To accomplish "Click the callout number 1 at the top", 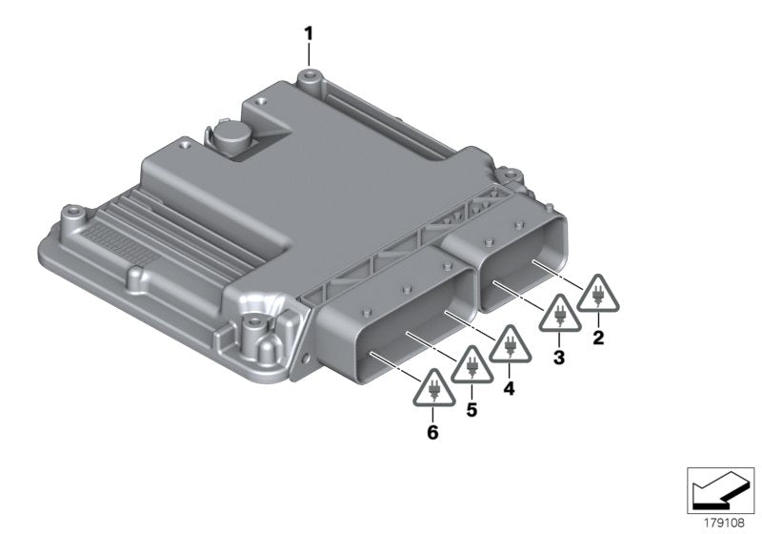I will (308, 32).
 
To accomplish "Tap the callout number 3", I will (559, 357).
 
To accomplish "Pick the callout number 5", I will (472, 410).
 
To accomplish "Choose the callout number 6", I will (433, 432).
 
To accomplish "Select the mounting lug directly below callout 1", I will (307, 78).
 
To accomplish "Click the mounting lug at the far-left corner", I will (69, 214).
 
